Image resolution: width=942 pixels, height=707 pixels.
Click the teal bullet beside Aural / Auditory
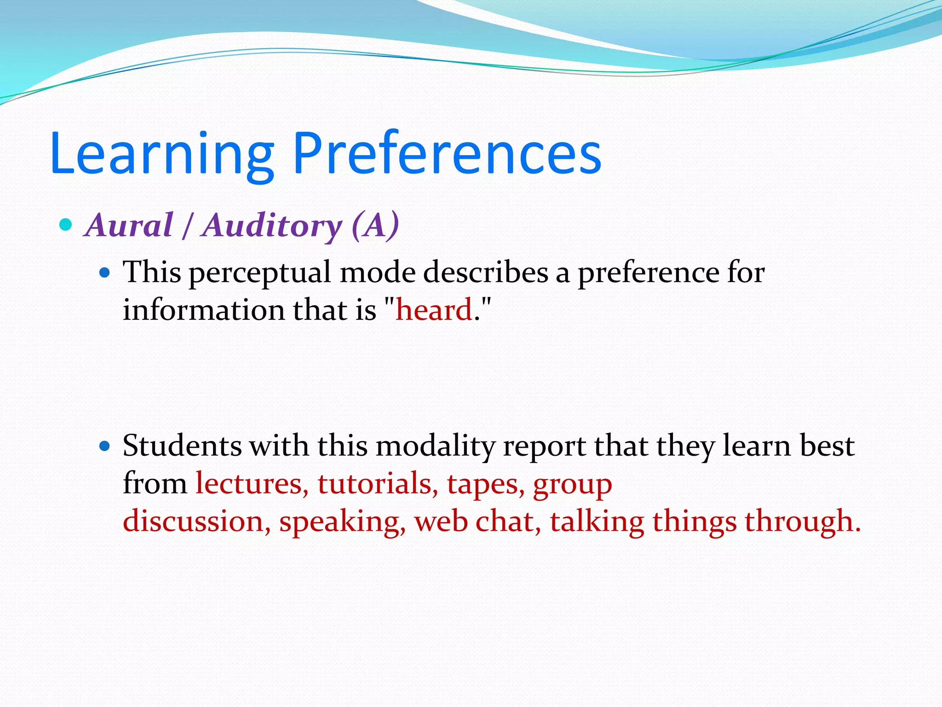coord(66,225)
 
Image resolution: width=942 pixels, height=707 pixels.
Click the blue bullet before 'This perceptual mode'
coord(105,273)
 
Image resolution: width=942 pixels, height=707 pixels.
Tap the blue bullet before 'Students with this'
coord(105,446)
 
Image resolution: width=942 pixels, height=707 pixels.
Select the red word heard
coord(434,309)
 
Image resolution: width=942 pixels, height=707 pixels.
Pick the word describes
coord(485,272)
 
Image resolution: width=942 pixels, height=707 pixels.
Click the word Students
coord(182,446)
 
